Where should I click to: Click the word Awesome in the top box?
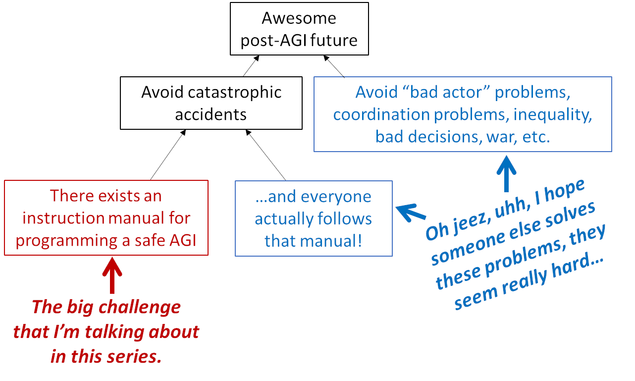299,18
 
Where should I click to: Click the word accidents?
211,114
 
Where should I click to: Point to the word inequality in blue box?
553,114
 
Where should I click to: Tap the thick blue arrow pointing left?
411,212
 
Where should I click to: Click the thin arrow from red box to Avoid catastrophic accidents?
167,155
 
